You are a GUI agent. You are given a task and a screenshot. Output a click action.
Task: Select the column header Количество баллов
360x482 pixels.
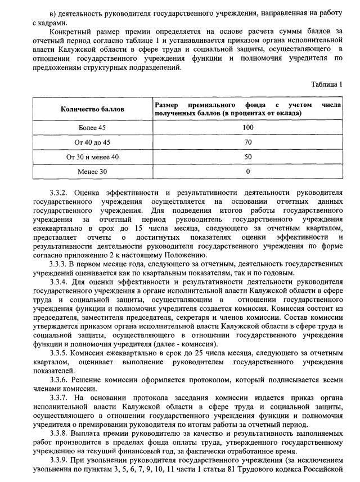[x=92, y=109]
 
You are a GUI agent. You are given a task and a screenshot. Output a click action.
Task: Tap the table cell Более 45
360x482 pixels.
[x=92, y=128]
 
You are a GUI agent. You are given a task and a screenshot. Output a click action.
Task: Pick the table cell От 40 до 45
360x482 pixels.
[x=92, y=142]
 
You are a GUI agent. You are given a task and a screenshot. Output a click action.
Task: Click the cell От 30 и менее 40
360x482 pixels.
[x=92, y=157]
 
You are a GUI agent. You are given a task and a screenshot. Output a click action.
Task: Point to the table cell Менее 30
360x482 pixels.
[x=92, y=171]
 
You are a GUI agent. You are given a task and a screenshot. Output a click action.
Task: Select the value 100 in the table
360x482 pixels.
[x=247, y=128]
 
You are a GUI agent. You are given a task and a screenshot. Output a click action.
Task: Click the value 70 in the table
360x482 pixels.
[x=247, y=142]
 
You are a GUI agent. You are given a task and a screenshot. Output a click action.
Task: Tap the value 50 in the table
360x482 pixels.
[x=247, y=157]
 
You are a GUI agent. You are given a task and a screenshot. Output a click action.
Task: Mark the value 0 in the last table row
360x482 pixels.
[x=247, y=171]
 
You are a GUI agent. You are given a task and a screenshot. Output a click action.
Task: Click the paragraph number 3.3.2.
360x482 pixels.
[x=60, y=192]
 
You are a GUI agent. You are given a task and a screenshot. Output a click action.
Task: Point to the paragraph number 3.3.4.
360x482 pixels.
[x=60, y=282]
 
